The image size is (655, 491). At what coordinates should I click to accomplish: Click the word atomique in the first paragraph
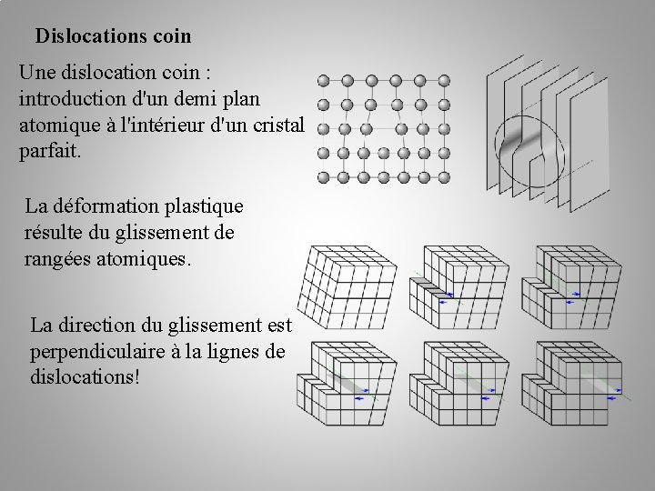[59, 124]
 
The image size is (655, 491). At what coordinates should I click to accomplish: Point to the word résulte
[57, 233]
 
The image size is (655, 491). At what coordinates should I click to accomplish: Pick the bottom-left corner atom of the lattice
[323, 175]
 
